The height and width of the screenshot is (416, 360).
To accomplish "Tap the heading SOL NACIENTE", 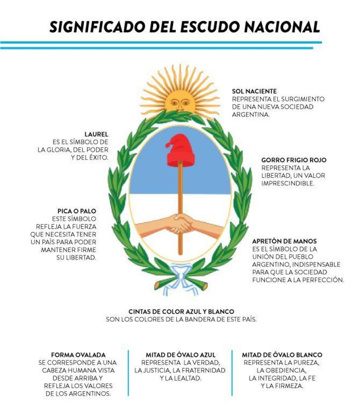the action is pyautogui.click(x=254, y=91).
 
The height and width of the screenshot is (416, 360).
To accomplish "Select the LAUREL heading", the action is pyautogui.click(x=97, y=134).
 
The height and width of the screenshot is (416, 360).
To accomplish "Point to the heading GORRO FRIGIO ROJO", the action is pyautogui.click(x=294, y=160).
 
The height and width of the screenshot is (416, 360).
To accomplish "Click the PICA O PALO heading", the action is pyautogui.click(x=77, y=211).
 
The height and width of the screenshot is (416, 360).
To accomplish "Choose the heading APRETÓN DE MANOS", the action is pyautogui.click(x=284, y=241).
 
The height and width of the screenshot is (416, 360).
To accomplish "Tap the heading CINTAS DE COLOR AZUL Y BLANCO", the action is pyautogui.click(x=181, y=312).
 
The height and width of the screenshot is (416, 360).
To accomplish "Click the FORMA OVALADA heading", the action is pyautogui.click(x=78, y=355).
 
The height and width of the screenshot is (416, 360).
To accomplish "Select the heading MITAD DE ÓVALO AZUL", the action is pyautogui.click(x=180, y=355).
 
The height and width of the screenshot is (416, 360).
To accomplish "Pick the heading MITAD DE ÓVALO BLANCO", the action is pyautogui.click(x=282, y=355).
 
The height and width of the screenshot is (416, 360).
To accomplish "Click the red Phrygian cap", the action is pyautogui.click(x=180, y=151).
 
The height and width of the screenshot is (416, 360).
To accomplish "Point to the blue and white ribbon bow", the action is pyautogui.click(x=180, y=278).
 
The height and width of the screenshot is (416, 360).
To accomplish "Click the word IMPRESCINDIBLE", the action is pyautogui.click(x=288, y=183).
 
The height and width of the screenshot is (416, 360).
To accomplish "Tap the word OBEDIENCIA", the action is pyautogui.click(x=282, y=370).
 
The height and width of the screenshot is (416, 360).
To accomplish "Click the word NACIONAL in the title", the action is pyautogui.click(x=282, y=27).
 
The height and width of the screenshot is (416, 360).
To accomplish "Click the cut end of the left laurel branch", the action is pyautogui.click(x=157, y=285).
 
